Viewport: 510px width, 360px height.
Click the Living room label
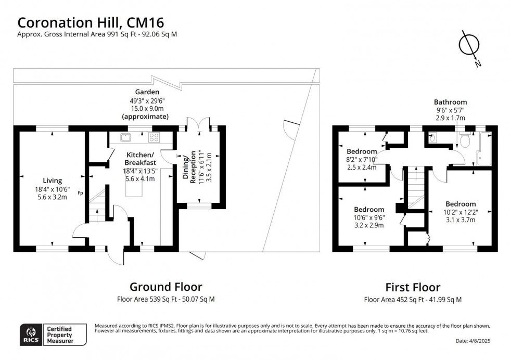point(53,181)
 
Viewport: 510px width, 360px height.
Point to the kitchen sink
point(125,138)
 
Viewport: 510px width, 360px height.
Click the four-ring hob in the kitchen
point(155,138)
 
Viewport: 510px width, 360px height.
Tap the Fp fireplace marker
point(81,193)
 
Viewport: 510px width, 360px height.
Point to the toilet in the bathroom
point(465,141)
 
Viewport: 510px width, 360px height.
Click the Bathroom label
point(450,102)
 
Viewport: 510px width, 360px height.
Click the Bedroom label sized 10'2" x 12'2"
point(460,204)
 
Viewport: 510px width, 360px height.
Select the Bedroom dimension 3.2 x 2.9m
point(369,225)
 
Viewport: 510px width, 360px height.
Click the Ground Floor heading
point(165,287)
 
